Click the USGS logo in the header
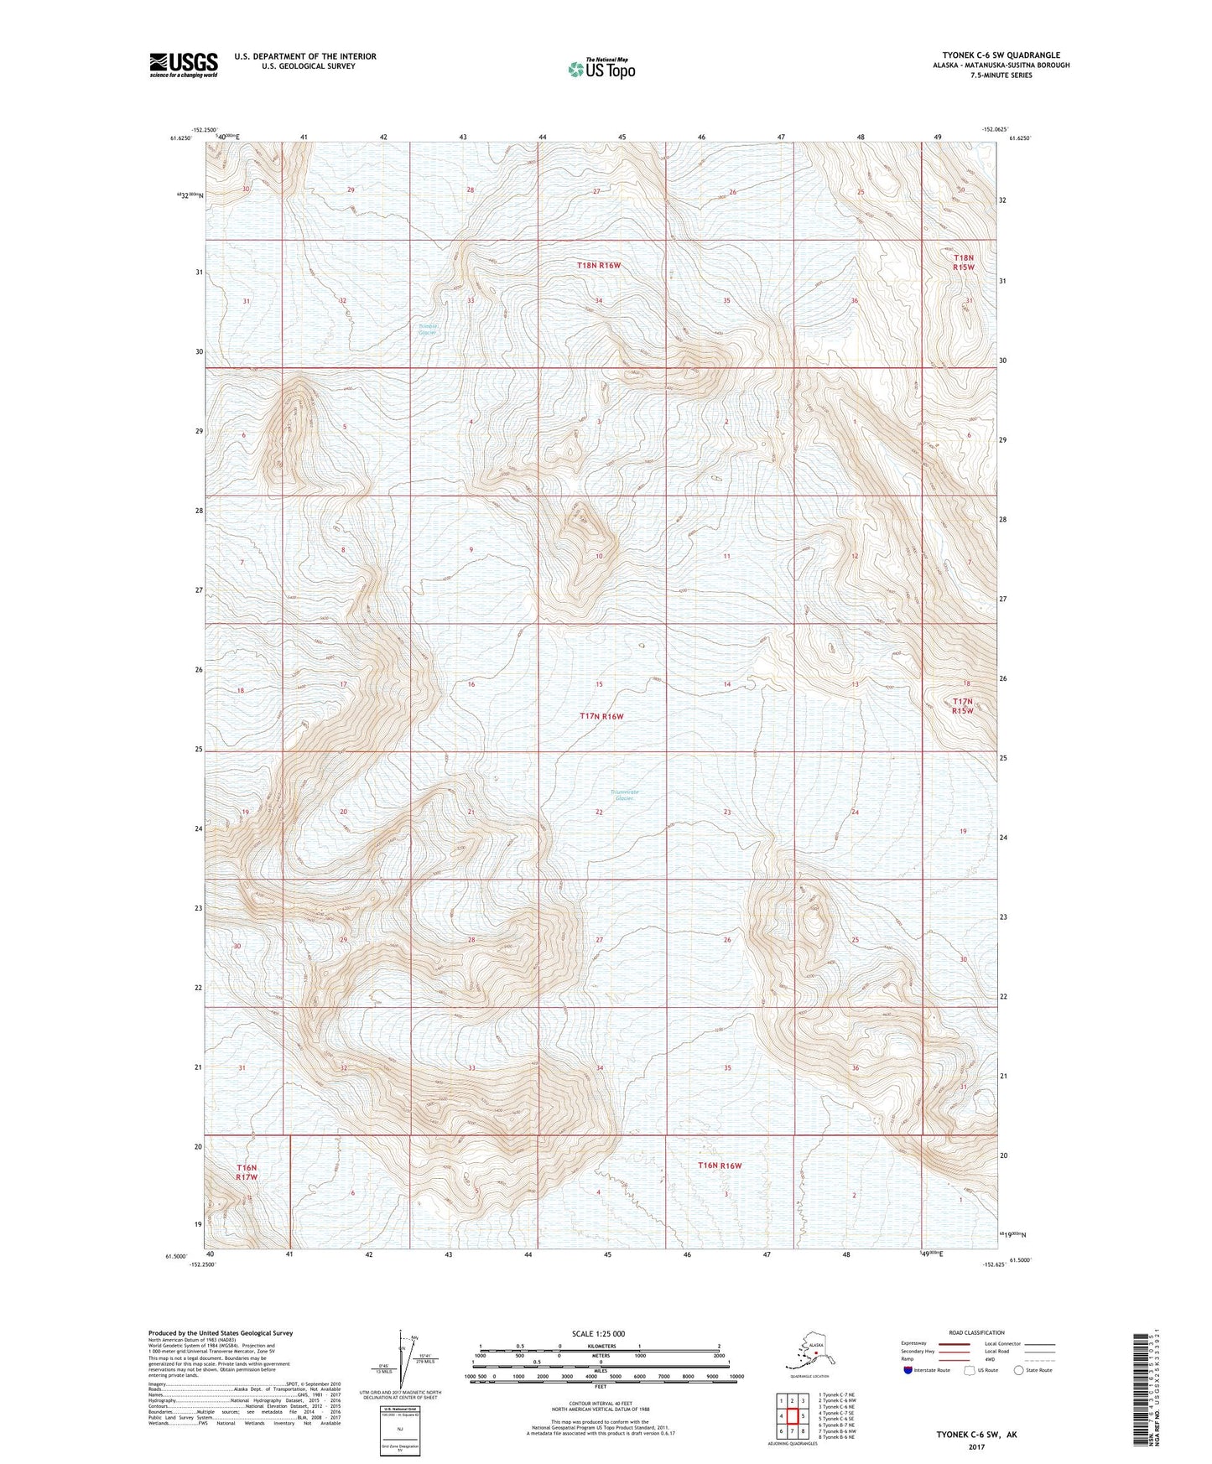point(183,65)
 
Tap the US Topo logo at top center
point(601,69)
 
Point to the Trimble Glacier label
point(428,330)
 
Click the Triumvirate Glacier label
point(624,795)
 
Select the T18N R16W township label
point(599,266)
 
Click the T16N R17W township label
point(246,1172)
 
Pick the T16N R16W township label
point(720,1165)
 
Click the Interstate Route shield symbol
point(908,1370)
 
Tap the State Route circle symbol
point(1019,1370)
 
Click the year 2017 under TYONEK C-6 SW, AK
point(976,1446)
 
